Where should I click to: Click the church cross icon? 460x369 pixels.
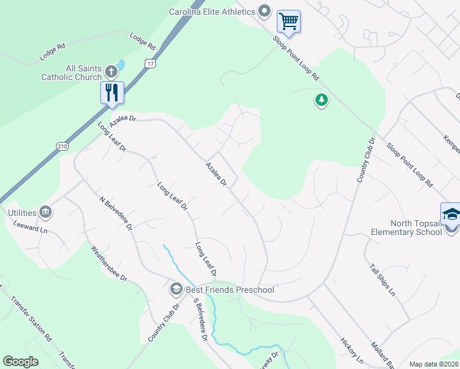pyautogui.click(x=111, y=71)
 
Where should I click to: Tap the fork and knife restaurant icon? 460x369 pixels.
pyautogui.click(x=112, y=93)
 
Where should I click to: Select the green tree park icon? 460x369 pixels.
pyautogui.click(x=321, y=100)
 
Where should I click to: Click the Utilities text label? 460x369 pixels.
pyautogui.click(x=18, y=212)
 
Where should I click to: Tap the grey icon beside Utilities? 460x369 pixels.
pyautogui.click(x=46, y=212)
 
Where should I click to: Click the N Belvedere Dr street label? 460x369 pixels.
pyautogui.click(x=116, y=213)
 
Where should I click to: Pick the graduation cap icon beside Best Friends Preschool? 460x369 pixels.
pyautogui.click(x=176, y=289)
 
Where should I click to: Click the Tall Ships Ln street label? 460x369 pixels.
pyautogui.click(x=383, y=280)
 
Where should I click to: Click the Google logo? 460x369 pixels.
pyautogui.click(x=20, y=362)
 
